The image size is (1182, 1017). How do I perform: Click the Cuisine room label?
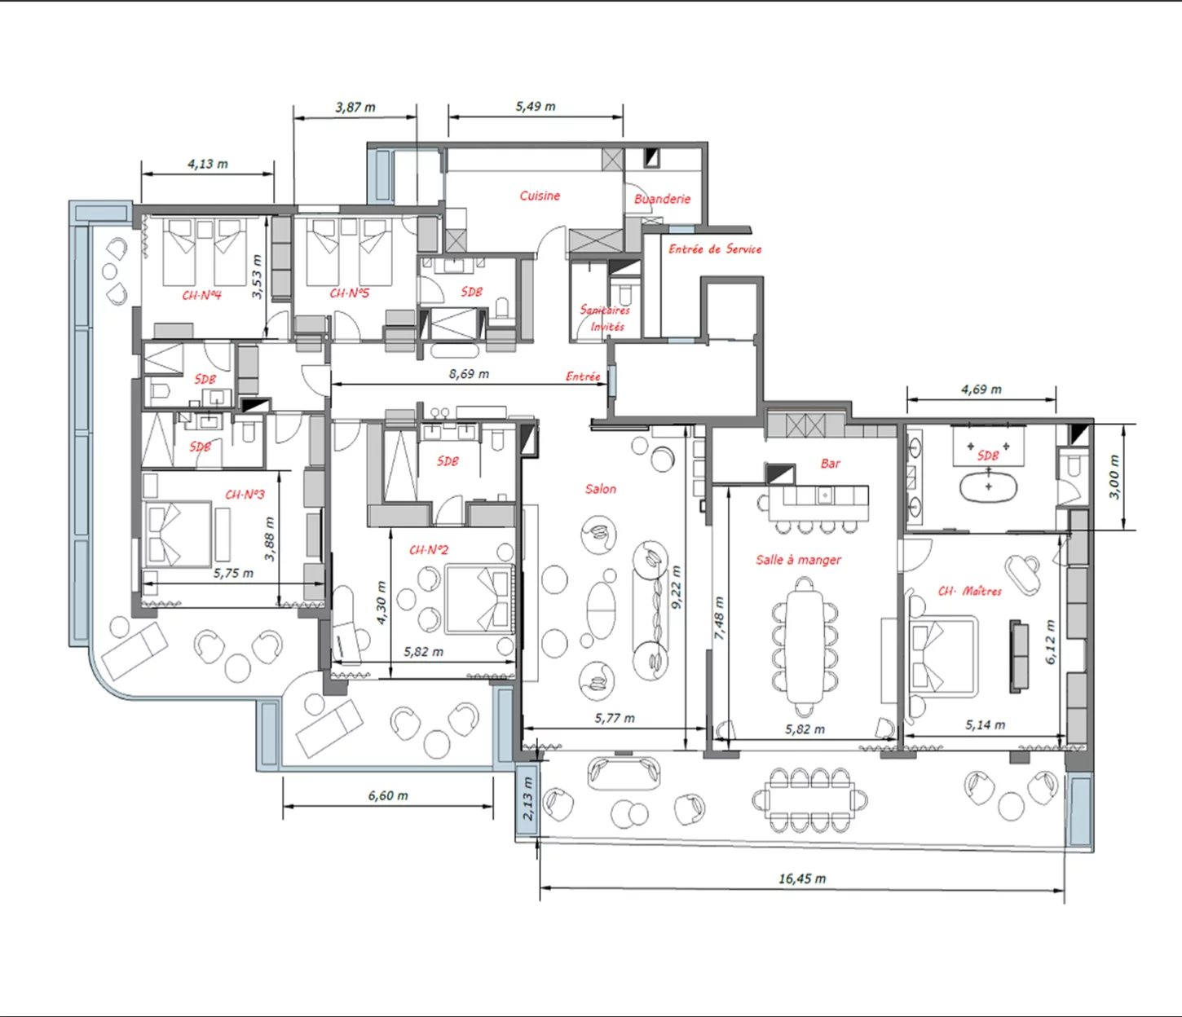(540, 196)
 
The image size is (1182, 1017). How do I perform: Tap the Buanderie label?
(662, 199)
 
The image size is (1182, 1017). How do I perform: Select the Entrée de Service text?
(715, 249)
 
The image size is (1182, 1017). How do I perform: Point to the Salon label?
(601, 489)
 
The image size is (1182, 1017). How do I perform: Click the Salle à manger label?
(798, 560)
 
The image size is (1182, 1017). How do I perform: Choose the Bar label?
(831, 463)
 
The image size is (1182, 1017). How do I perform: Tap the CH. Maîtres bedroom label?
(970, 591)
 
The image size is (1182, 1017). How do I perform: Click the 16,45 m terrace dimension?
(802, 878)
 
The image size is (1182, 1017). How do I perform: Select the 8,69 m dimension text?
(469, 374)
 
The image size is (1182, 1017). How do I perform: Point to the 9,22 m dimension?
(677, 587)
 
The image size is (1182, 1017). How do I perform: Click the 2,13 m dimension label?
(527, 798)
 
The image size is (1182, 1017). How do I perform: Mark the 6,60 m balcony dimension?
(388, 795)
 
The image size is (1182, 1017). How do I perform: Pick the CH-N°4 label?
(201, 295)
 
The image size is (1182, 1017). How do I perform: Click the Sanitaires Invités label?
(605, 319)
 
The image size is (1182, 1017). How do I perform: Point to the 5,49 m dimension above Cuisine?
(536, 106)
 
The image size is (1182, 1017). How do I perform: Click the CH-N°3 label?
(245, 495)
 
